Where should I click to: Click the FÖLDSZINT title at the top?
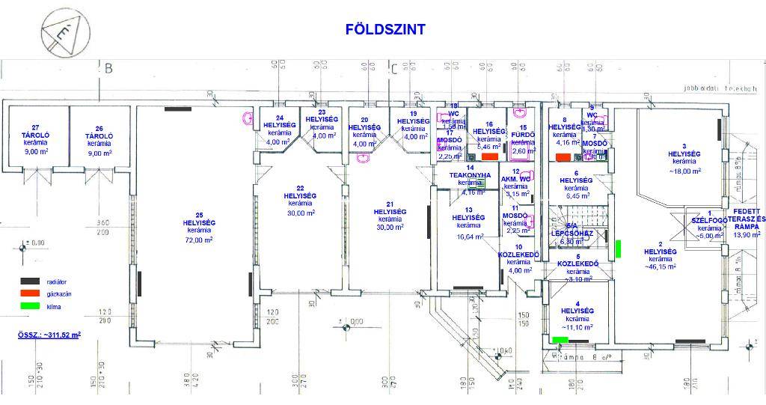(x=384, y=29)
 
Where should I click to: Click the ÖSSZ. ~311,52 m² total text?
(x=50, y=334)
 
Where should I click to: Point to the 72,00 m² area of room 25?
(x=199, y=240)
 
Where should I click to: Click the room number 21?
(x=389, y=204)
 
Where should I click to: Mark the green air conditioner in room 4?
(x=559, y=340)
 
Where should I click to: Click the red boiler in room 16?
(x=490, y=157)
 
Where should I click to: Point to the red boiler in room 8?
(x=563, y=157)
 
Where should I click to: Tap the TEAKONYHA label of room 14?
(x=470, y=174)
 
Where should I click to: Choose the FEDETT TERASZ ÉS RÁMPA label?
(x=747, y=217)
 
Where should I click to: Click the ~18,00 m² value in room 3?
(x=684, y=171)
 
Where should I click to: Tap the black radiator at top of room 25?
(x=178, y=109)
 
